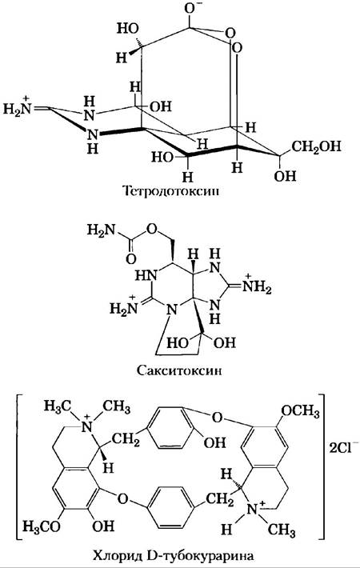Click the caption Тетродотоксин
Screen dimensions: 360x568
point(171,191)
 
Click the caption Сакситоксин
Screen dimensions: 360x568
point(179,370)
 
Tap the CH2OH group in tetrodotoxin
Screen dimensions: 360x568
point(317,146)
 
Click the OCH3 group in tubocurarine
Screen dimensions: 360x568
point(300,411)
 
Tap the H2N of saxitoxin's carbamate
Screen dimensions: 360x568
point(101,230)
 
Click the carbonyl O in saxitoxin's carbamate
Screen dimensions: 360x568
point(130,258)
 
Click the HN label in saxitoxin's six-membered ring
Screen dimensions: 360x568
point(146,276)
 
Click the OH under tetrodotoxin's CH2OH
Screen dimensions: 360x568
point(285,177)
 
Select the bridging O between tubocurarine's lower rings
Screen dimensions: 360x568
point(123,499)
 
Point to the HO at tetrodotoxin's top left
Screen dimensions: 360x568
point(128,29)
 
